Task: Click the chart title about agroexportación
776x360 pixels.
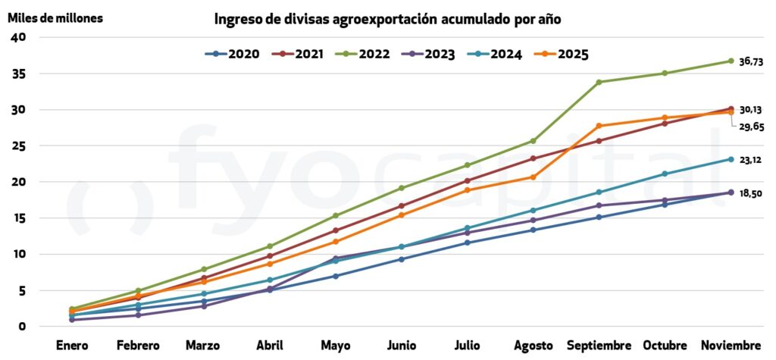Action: [387, 19]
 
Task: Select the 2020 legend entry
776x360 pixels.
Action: [233, 54]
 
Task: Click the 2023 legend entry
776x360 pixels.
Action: [429, 54]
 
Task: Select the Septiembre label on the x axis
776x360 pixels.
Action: [599, 346]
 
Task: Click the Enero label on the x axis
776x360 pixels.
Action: [72, 346]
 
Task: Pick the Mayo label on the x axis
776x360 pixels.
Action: [335, 346]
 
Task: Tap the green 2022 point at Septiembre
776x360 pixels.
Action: [599, 82]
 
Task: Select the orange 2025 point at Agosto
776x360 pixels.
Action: [533, 177]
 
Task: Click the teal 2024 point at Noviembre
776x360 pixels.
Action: [731, 159]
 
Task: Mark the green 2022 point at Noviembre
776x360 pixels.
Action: [731, 61]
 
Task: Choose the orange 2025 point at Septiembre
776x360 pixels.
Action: [599, 126]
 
